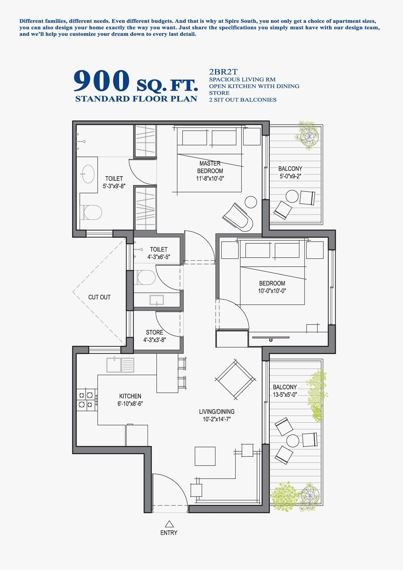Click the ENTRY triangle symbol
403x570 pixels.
coord(169,524)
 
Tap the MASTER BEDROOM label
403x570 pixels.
coord(210,167)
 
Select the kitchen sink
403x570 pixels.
coord(120,365)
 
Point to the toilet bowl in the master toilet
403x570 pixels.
coord(92,212)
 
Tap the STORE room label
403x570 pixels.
coord(155,332)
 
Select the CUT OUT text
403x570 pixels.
coord(99,297)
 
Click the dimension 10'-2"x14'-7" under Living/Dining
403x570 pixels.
coord(217,419)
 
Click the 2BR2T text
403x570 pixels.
coord(223,72)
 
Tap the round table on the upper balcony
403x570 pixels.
coord(292,196)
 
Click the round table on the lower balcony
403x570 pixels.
coord(293,441)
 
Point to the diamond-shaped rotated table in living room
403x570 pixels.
coord(235,379)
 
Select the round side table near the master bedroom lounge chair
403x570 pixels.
coord(251,202)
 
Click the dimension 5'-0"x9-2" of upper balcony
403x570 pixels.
coord(290,176)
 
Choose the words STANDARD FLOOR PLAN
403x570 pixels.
coord(136,99)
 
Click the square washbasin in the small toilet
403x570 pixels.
coord(157,300)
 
